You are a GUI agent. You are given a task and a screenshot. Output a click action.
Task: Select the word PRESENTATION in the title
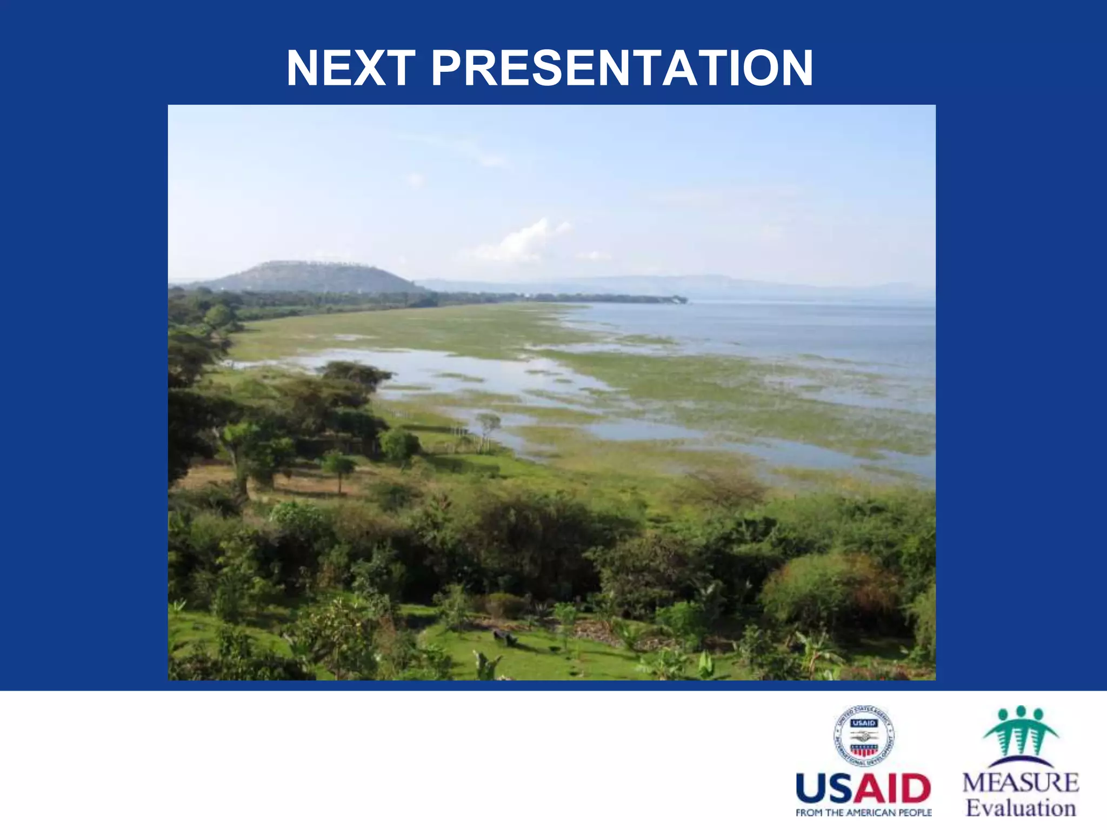click(x=622, y=69)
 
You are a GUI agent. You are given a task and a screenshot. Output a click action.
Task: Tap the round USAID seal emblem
click(x=863, y=736)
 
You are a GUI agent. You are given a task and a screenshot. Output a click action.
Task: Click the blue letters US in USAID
click(x=827, y=789)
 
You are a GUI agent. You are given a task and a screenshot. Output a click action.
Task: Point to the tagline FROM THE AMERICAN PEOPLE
click(x=863, y=813)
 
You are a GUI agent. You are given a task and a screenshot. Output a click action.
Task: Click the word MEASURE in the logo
click(x=1021, y=782)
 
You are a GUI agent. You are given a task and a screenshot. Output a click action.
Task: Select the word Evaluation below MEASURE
click(x=1021, y=808)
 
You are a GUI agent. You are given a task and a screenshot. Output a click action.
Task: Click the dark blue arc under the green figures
click(x=1021, y=762)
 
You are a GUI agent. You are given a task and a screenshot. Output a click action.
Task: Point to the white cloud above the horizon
click(x=519, y=240)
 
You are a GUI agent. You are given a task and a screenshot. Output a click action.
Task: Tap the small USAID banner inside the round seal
click(x=863, y=723)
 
